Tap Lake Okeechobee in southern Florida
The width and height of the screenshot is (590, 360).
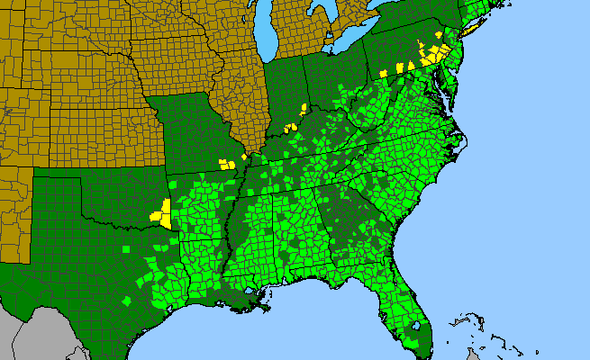click(x=416, y=323)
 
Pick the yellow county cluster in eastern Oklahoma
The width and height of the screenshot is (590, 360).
click(x=162, y=214)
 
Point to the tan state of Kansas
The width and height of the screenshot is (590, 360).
click(x=99, y=135)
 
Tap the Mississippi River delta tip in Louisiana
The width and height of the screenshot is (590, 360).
click(x=269, y=311)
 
